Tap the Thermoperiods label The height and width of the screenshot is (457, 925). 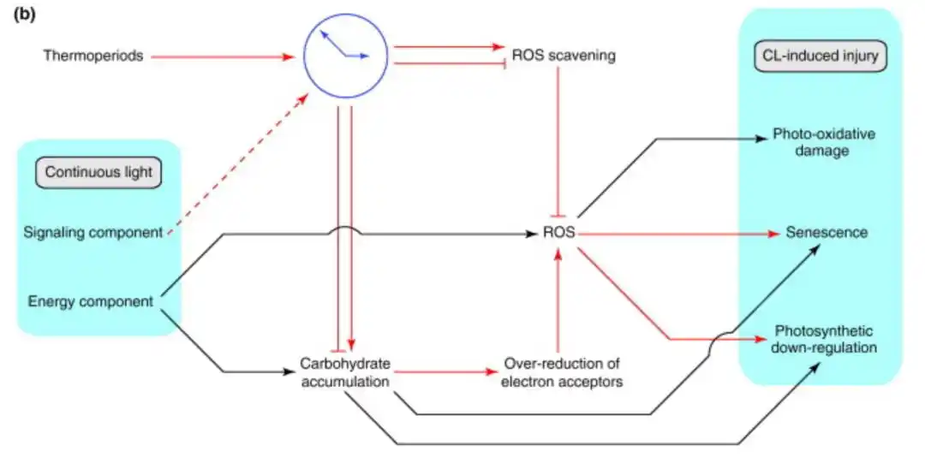click(x=93, y=56)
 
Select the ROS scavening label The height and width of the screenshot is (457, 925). click(x=564, y=56)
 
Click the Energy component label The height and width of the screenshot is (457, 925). click(x=91, y=301)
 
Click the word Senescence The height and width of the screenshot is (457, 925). click(x=827, y=233)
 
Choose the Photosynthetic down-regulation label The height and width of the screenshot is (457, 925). click(x=826, y=339)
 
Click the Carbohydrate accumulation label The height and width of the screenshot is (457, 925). click(x=345, y=372)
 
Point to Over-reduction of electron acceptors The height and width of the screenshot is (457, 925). click(x=562, y=372)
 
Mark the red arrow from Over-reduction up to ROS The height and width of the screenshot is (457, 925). click(x=559, y=300)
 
